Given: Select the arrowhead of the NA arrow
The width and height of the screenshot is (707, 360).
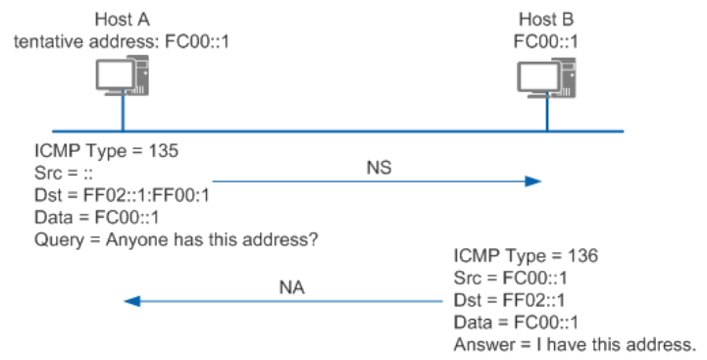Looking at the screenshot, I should tap(132, 302).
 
